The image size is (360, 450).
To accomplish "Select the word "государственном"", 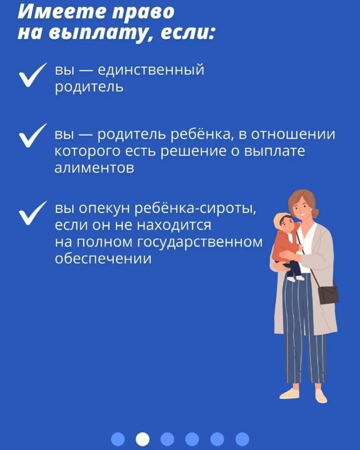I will (x=201, y=242).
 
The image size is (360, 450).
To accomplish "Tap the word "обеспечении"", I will (x=103, y=258).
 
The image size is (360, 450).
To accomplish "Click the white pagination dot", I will (x=142, y=438).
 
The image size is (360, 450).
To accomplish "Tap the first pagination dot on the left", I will (x=117, y=438).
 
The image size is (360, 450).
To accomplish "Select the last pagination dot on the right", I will (x=242, y=438).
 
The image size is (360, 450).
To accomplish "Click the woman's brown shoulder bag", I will (x=328, y=294).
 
